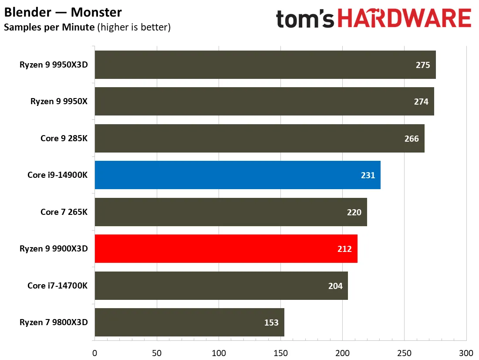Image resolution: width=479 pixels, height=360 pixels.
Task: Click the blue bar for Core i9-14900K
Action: [x=238, y=175]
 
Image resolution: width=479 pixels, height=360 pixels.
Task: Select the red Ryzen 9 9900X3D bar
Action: [x=226, y=249]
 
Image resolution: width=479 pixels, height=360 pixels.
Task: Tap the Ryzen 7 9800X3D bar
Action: [x=189, y=323]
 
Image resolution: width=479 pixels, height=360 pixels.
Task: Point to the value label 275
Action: [x=423, y=65]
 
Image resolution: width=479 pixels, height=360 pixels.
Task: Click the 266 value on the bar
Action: [x=412, y=139]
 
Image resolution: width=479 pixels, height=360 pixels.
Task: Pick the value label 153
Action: [x=271, y=323]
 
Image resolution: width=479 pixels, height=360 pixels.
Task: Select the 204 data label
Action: [x=335, y=285]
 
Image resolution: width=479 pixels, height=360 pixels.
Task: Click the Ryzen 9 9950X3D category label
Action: [x=54, y=65]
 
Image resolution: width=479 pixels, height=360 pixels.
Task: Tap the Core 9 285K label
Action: [x=64, y=138]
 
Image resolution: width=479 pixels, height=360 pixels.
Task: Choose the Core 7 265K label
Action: [x=64, y=212]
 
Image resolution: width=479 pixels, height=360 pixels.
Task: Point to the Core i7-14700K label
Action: [x=57, y=285]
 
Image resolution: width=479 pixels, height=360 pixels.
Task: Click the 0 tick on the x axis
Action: [x=94, y=353]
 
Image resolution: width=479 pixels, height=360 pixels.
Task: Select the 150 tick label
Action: [x=280, y=353]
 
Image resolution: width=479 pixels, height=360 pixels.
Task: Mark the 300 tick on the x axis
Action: [x=466, y=353]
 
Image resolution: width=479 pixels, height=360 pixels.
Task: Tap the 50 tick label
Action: [x=157, y=353]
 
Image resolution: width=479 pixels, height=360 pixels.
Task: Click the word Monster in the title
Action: [x=96, y=12]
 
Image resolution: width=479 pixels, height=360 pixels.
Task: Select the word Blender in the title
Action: [x=28, y=12]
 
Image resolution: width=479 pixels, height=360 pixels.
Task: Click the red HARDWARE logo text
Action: [x=405, y=18]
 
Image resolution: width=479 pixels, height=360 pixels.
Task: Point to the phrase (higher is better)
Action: [x=134, y=27]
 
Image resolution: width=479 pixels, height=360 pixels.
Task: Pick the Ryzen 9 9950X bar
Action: [x=264, y=102]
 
